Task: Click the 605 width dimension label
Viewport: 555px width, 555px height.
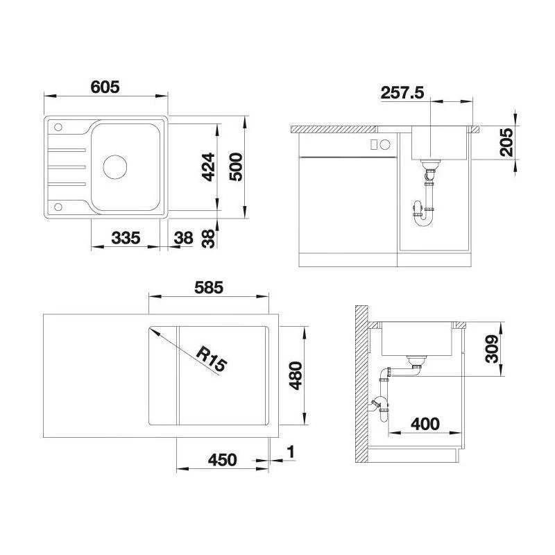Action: coord(105,87)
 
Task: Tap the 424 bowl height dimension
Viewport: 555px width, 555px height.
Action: coord(209,167)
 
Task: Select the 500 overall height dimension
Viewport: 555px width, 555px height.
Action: coord(236,167)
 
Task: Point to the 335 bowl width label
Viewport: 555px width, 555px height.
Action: coord(126,238)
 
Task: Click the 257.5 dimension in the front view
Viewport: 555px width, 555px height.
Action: coord(402,93)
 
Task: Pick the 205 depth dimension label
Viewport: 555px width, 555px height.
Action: coord(506,142)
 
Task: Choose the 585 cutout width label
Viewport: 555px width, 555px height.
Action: coord(209,287)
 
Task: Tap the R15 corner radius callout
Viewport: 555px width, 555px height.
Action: coord(212,359)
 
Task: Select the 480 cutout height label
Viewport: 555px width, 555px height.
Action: coord(296,375)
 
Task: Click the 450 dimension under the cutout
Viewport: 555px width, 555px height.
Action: coord(222,460)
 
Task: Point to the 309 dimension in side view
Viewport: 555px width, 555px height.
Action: coord(492,349)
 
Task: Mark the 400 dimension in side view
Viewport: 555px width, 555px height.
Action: coord(425,424)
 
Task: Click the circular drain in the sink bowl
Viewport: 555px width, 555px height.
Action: coord(115,166)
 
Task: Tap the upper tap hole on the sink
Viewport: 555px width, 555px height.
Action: coord(58,127)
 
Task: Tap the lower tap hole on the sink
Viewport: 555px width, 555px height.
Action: coord(58,207)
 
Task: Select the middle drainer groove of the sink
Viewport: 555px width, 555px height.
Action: coord(67,166)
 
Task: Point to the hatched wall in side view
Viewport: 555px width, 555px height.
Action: coord(361,384)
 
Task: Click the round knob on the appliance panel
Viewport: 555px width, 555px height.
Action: coord(385,144)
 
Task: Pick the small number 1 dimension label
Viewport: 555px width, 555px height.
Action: coord(291,452)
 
